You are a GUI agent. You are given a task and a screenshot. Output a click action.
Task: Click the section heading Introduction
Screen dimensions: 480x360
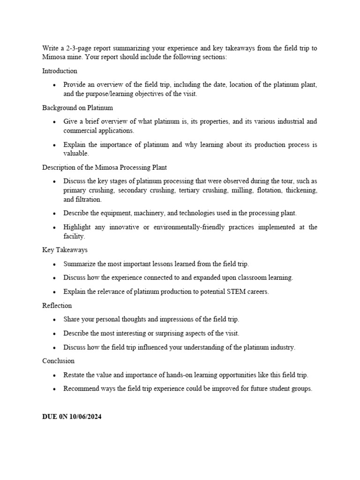[x=60, y=71]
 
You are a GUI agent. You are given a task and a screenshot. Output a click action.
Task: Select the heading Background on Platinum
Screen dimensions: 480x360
[x=77, y=108]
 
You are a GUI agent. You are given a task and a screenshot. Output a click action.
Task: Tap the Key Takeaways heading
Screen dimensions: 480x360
[x=65, y=250]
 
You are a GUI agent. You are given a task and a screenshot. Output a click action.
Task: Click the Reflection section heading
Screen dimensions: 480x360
[x=57, y=306]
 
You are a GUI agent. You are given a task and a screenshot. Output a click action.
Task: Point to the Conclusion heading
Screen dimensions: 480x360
[x=58, y=361]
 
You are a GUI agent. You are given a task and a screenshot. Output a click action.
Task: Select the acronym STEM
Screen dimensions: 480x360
[x=242, y=292]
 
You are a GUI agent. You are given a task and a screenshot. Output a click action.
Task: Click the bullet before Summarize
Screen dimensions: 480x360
[x=54, y=264]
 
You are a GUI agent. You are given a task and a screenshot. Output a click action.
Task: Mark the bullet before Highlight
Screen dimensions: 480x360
[x=54, y=227]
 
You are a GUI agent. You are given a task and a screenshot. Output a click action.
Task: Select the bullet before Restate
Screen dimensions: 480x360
[x=54, y=375]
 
